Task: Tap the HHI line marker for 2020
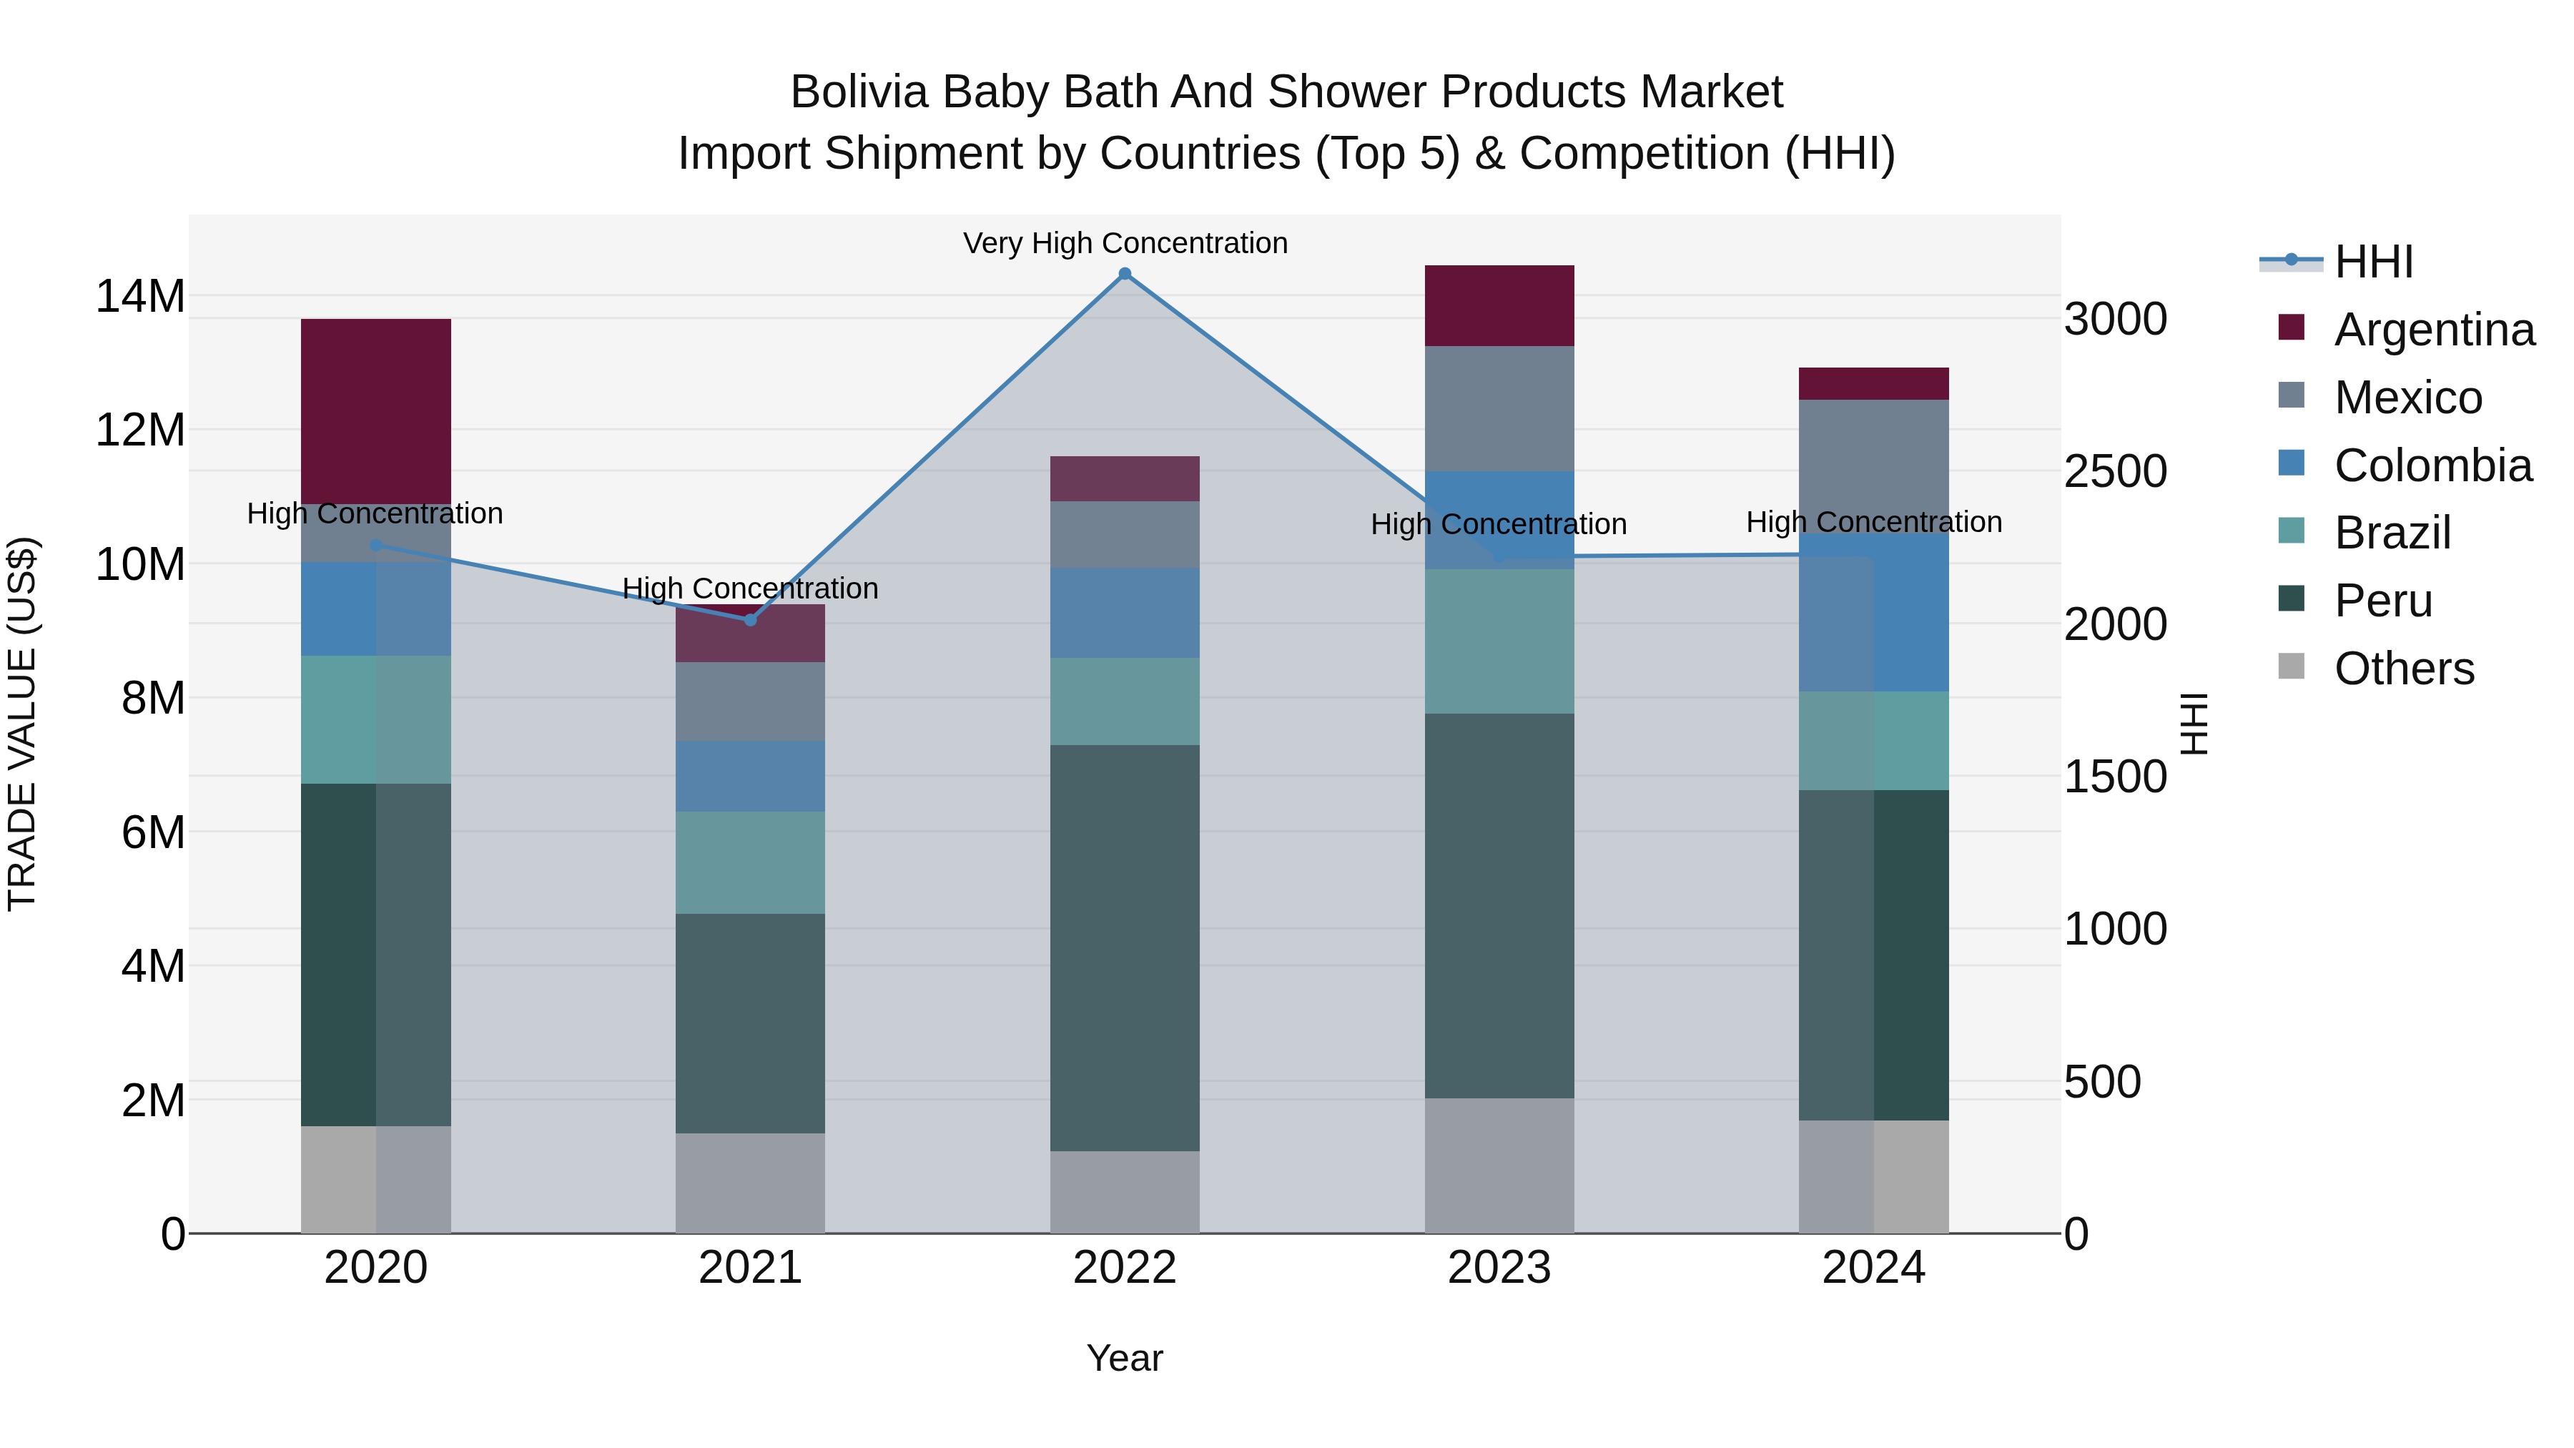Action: click(x=375, y=546)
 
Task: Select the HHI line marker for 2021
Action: click(x=751, y=619)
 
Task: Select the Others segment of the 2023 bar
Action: click(x=1499, y=1166)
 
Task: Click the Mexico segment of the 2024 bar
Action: click(x=1873, y=466)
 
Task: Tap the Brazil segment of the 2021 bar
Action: click(x=751, y=862)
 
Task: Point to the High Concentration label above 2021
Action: click(x=751, y=588)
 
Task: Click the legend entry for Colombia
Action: click(x=2432, y=466)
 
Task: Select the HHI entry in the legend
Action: click(x=2373, y=262)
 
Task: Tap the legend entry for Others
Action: click(x=2403, y=669)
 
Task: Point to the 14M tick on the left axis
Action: click(x=140, y=297)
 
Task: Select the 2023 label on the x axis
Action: click(x=1499, y=1268)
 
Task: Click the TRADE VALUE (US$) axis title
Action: click(x=22, y=724)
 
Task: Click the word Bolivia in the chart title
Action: click(x=858, y=92)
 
